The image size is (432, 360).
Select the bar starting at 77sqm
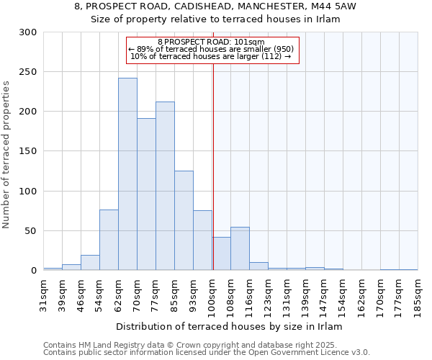pyautogui.click(x=165, y=186)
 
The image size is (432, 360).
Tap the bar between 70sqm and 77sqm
pyautogui.click(x=146, y=194)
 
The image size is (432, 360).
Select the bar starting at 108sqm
pyautogui.click(x=240, y=248)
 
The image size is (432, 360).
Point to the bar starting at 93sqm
pyautogui.click(x=202, y=240)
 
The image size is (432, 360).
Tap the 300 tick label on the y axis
pyautogui.click(x=28, y=32)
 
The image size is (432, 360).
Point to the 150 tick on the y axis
pyautogui.click(x=28, y=151)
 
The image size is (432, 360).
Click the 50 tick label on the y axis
pyautogui.click(x=31, y=231)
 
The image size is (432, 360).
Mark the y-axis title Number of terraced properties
pyautogui.click(x=6, y=155)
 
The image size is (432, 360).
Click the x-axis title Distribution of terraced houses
pyautogui.click(x=230, y=327)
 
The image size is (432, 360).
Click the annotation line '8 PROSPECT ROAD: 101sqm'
pyautogui.click(x=211, y=42)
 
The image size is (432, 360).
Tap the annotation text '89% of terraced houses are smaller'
pyautogui.click(x=211, y=49)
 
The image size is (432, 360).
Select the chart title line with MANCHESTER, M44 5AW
pyautogui.click(x=215, y=6)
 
